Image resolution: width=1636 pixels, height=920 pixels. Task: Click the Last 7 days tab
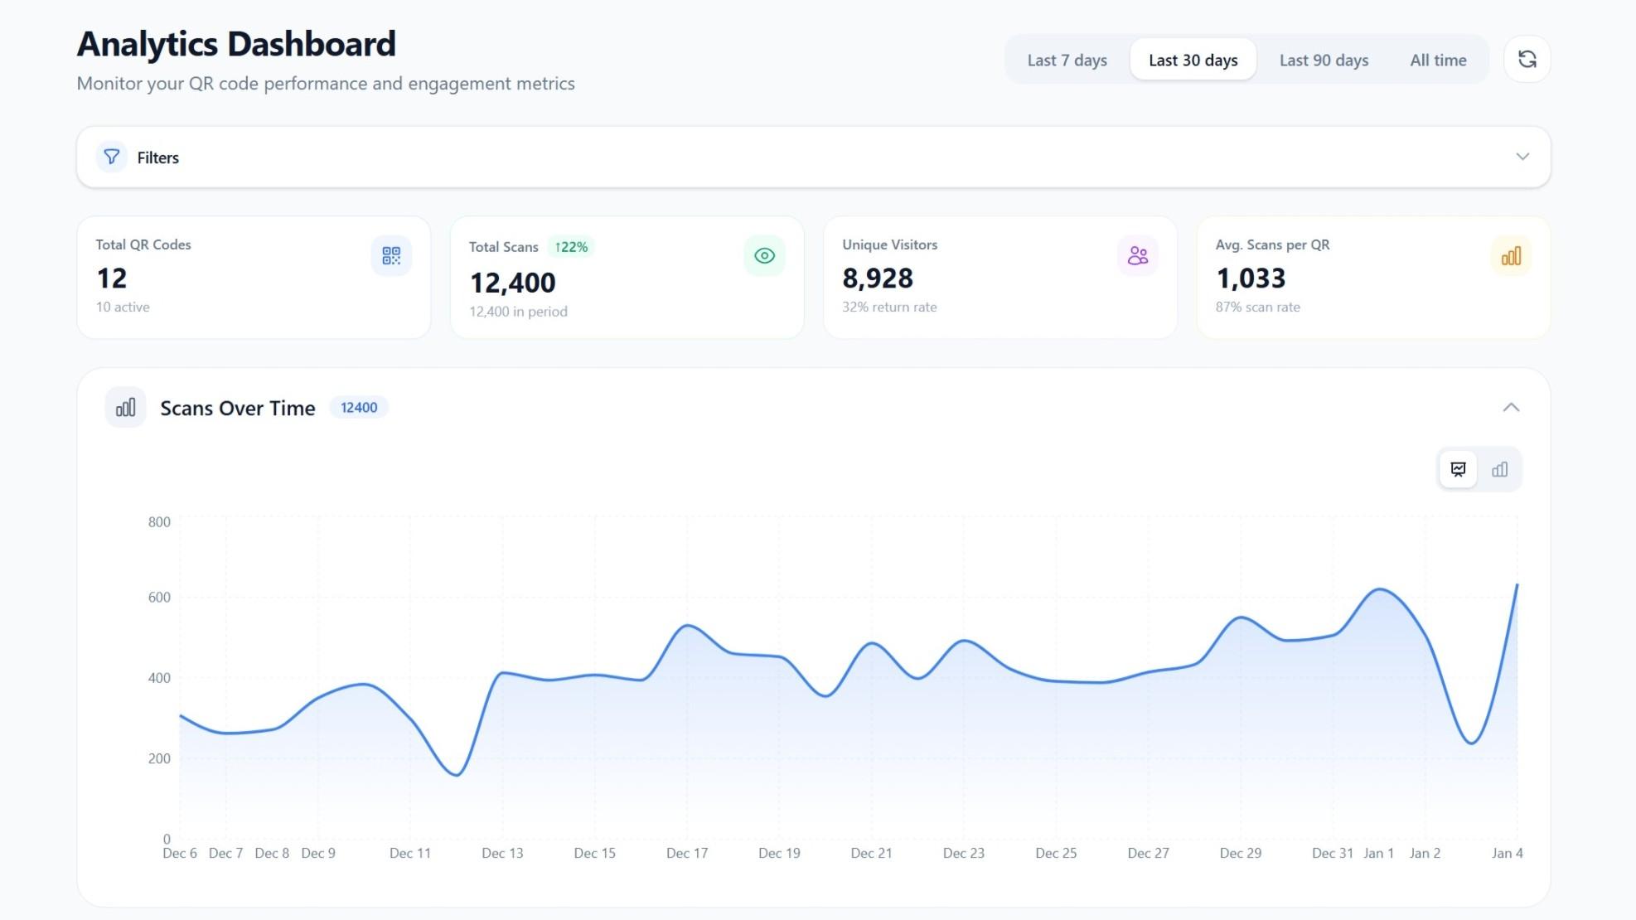point(1067,60)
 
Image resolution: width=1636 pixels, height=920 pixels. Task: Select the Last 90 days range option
point(1324,60)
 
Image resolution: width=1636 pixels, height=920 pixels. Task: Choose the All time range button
point(1438,60)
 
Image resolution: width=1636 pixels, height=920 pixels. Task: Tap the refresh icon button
point(1527,59)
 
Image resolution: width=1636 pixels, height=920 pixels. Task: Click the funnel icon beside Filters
point(112,157)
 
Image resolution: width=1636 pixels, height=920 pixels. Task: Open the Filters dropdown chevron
point(1522,157)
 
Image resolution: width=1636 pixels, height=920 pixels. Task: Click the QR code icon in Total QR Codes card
point(391,255)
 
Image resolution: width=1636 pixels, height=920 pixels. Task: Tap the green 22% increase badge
point(571,247)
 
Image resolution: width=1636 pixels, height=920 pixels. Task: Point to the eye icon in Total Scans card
point(764,255)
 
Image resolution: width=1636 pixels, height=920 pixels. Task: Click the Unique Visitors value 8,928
point(878,278)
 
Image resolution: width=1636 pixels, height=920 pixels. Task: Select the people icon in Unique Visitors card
point(1137,255)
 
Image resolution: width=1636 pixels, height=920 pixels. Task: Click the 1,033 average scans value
point(1251,278)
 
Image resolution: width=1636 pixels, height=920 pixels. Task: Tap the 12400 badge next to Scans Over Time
point(359,408)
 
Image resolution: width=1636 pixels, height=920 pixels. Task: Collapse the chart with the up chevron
point(1511,407)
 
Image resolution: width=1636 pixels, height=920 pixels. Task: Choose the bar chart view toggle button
point(1499,470)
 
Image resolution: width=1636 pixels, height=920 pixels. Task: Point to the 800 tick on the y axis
point(159,522)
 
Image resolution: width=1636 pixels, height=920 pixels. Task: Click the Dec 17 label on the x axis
point(687,853)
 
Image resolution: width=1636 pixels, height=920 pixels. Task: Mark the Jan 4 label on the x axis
point(1507,853)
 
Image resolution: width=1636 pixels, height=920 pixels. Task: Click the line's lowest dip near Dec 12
point(457,775)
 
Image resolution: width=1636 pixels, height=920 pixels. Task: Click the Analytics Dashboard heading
point(236,44)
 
